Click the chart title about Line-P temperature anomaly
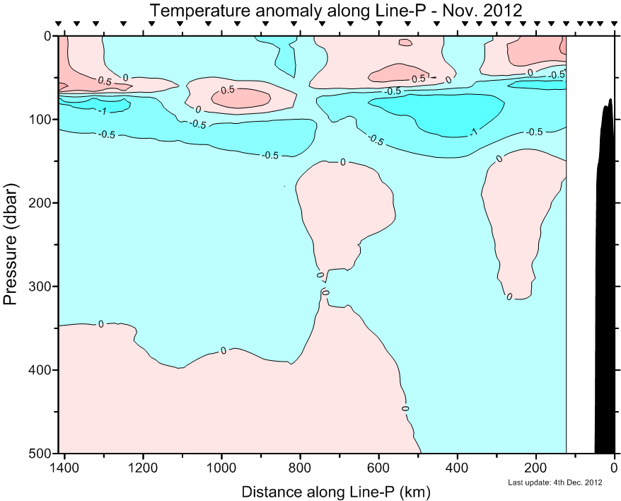[335, 11]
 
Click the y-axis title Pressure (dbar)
[10, 244]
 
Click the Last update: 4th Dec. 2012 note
[555, 483]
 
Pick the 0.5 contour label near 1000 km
[228, 90]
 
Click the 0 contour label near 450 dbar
[405, 408]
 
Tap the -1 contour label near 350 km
[473, 132]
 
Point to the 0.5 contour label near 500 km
[419, 79]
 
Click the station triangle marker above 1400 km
[59, 24]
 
